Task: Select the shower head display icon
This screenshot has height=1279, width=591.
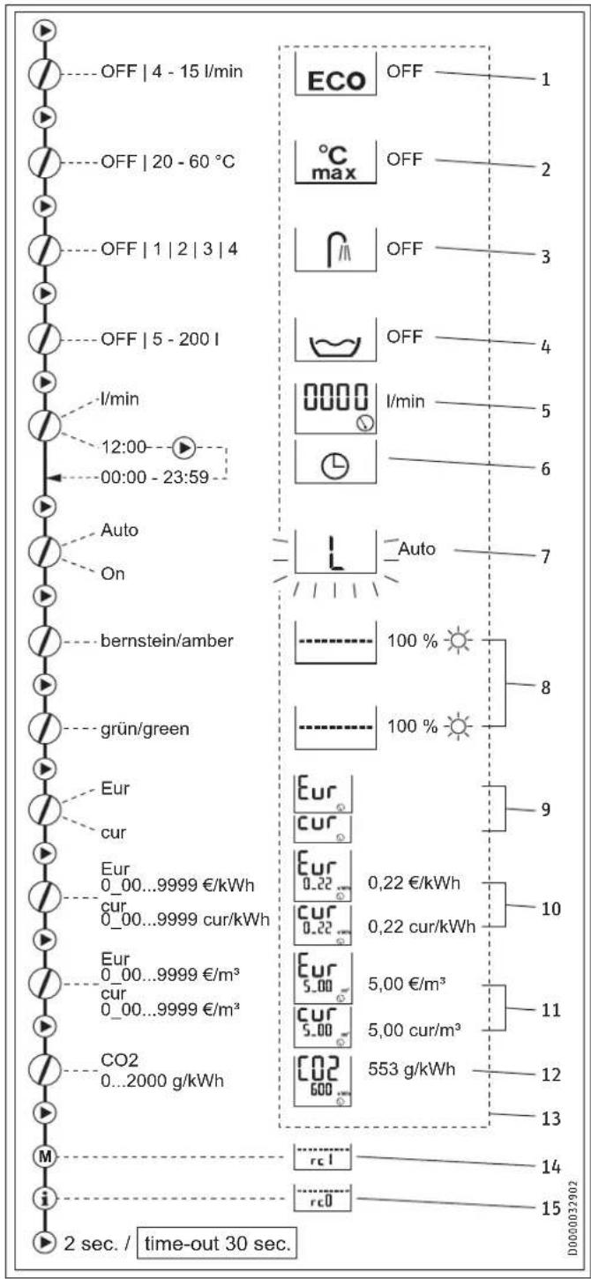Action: click(x=335, y=250)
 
